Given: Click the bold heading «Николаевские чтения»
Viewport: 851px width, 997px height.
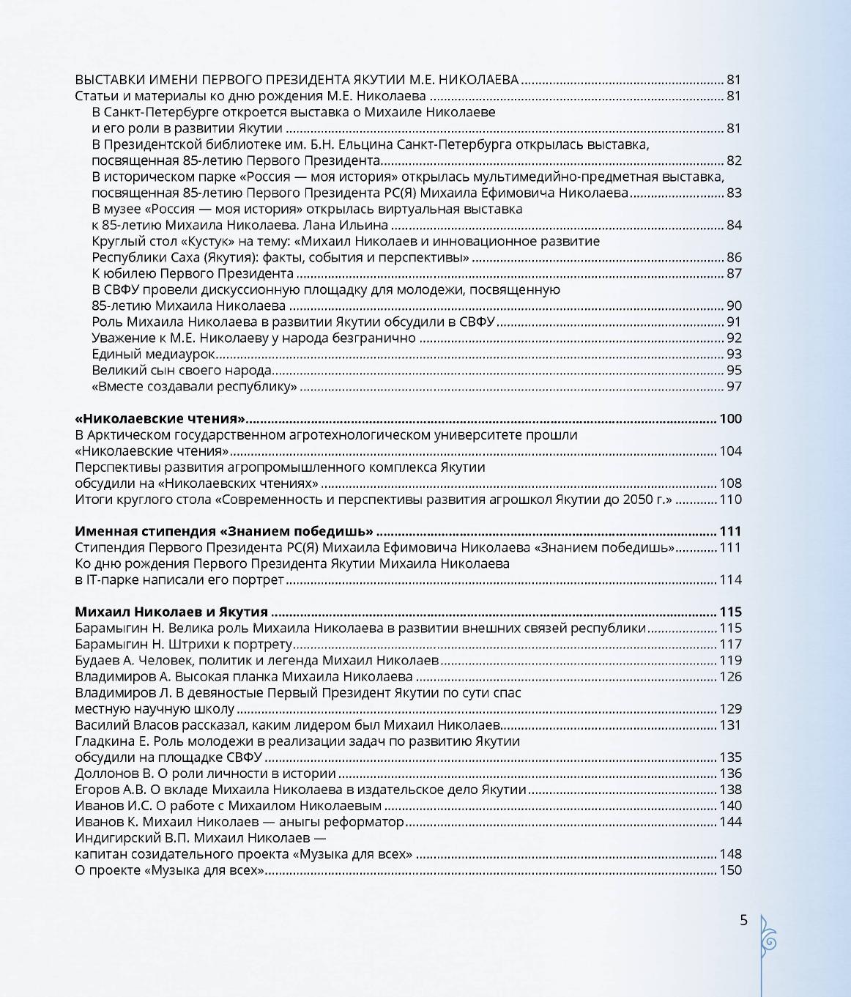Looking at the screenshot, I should [x=160, y=419].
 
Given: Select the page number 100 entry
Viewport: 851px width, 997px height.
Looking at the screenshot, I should [x=730, y=419].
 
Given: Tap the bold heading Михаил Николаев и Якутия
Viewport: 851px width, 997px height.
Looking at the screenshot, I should [x=171, y=612].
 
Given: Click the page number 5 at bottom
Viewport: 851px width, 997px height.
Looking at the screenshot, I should [x=743, y=921].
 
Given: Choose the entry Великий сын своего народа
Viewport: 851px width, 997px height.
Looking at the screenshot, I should [x=182, y=371].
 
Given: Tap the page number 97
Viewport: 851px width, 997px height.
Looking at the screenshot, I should [x=733, y=387].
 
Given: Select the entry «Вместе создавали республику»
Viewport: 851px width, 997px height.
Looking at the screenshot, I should [x=194, y=387].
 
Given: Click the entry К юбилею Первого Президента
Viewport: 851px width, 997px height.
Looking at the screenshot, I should [x=192, y=274].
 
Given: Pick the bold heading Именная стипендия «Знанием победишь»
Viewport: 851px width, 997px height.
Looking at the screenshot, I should [x=224, y=532].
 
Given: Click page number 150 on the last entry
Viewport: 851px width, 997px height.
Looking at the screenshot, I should [x=730, y=870].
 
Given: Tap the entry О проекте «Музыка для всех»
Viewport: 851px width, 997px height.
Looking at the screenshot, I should [x=169, y=870].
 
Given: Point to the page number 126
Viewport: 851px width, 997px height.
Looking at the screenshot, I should [x=730, y=677].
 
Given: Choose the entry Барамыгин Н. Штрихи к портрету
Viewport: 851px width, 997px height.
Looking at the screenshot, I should [x=184, y=645].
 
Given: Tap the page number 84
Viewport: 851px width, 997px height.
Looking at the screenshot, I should [x=733, y=226].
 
